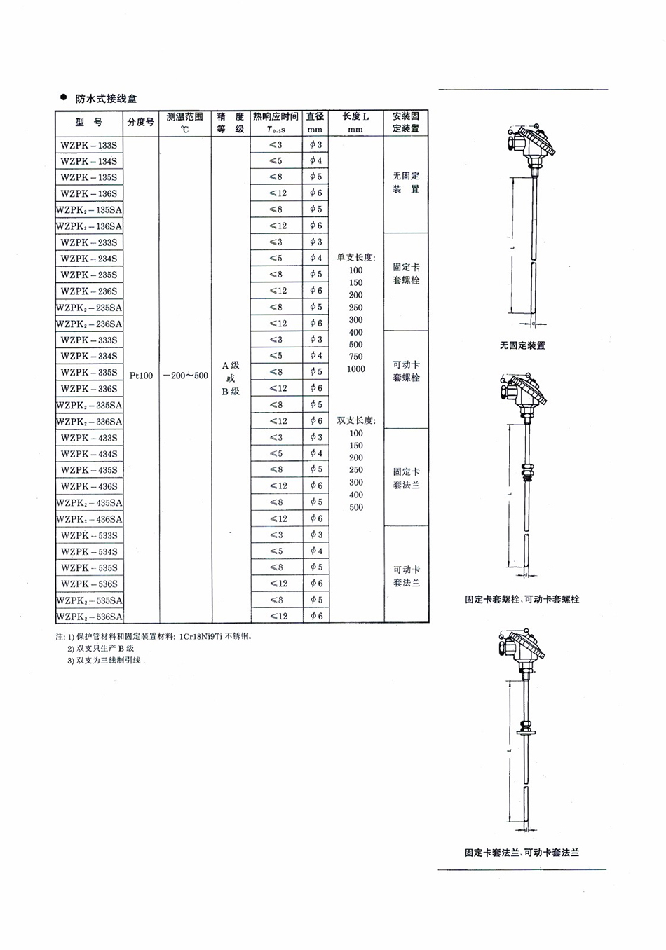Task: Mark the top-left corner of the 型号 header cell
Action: (55, 110)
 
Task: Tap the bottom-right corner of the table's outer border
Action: (429, 623)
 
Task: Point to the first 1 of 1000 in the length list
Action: (349, 369)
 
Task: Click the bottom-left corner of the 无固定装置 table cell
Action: (384, 233)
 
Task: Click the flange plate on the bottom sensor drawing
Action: (526, 731)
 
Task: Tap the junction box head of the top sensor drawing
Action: (531, 144)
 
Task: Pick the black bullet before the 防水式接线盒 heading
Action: (64, 97)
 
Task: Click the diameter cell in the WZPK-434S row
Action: (315, 453)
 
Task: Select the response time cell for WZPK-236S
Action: (276, 291)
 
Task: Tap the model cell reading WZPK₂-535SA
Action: (89, 600)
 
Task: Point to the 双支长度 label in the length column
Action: (356, 420)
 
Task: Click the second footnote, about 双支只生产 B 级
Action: (100, 649)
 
